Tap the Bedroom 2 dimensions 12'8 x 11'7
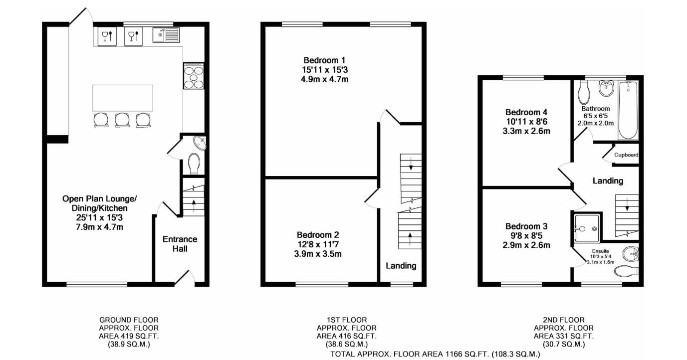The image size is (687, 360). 318,244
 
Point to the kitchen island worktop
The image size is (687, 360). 123,98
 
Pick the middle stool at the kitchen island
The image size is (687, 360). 122,120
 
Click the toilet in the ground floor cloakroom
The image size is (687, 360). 194,163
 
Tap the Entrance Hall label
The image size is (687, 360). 180,243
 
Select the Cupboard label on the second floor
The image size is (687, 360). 626,155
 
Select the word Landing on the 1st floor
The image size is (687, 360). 401,266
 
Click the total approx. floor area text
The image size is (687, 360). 435,354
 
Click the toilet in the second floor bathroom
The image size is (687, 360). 584,93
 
